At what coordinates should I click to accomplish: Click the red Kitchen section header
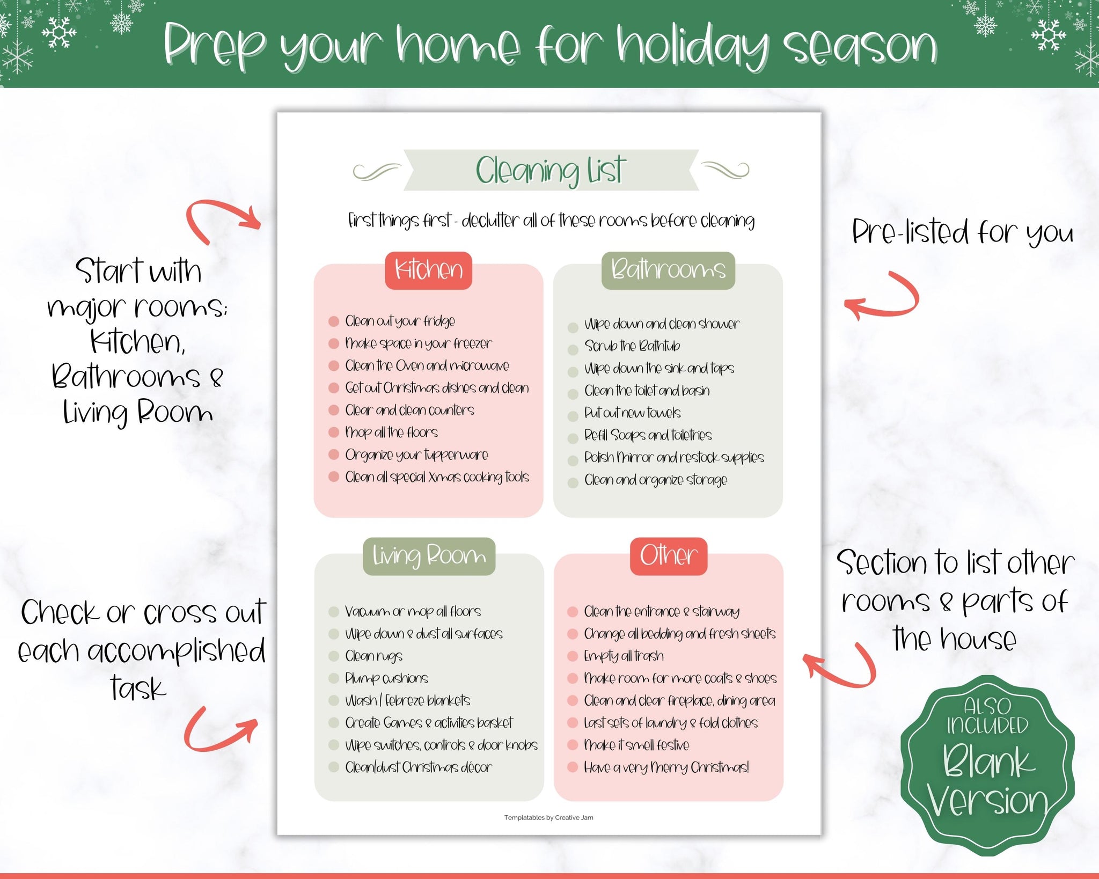click(428, 270)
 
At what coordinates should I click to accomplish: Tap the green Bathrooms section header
click(668, 270)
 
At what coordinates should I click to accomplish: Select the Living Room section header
click(429, 556)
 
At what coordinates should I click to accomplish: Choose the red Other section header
click(669, 556)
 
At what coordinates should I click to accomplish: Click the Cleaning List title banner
click(551, 170)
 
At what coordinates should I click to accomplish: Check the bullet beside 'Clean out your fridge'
click(334, 321)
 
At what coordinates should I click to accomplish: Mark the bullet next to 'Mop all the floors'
click(334, 432)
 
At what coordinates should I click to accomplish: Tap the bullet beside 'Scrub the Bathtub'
click(573, 349)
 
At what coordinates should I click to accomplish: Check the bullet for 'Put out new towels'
click(573, 416)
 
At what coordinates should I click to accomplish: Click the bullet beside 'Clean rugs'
click(334, 656)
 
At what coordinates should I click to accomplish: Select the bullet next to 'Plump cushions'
click(334, 678)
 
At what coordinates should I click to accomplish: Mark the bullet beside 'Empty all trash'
click(573, 656)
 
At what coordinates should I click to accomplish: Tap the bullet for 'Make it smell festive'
click(573, 745)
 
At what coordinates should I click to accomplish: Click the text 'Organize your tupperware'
click(416, 456)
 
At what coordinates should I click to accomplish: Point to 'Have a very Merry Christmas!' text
click(666, 767)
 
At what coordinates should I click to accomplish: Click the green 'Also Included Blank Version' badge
click(987, 765)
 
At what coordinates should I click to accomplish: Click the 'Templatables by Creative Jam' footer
click(548, 818)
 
